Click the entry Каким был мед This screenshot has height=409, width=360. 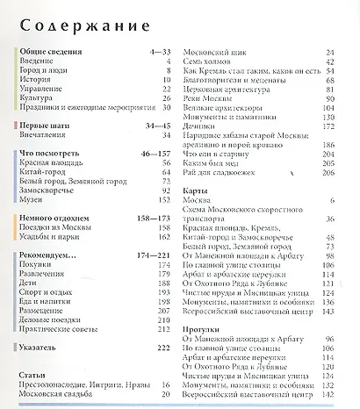(209, 163)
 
